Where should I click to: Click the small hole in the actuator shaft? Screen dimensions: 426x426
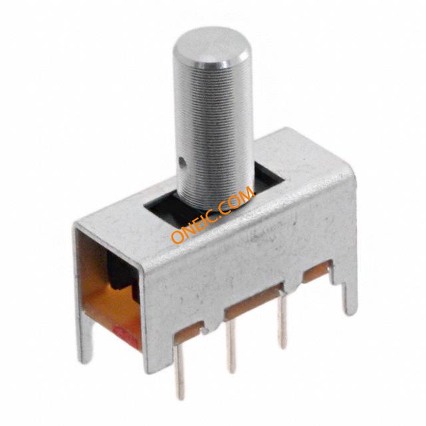(182, 162)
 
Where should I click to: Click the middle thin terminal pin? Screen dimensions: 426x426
(232, 346)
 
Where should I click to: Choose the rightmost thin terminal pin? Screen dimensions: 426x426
(282, 323)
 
